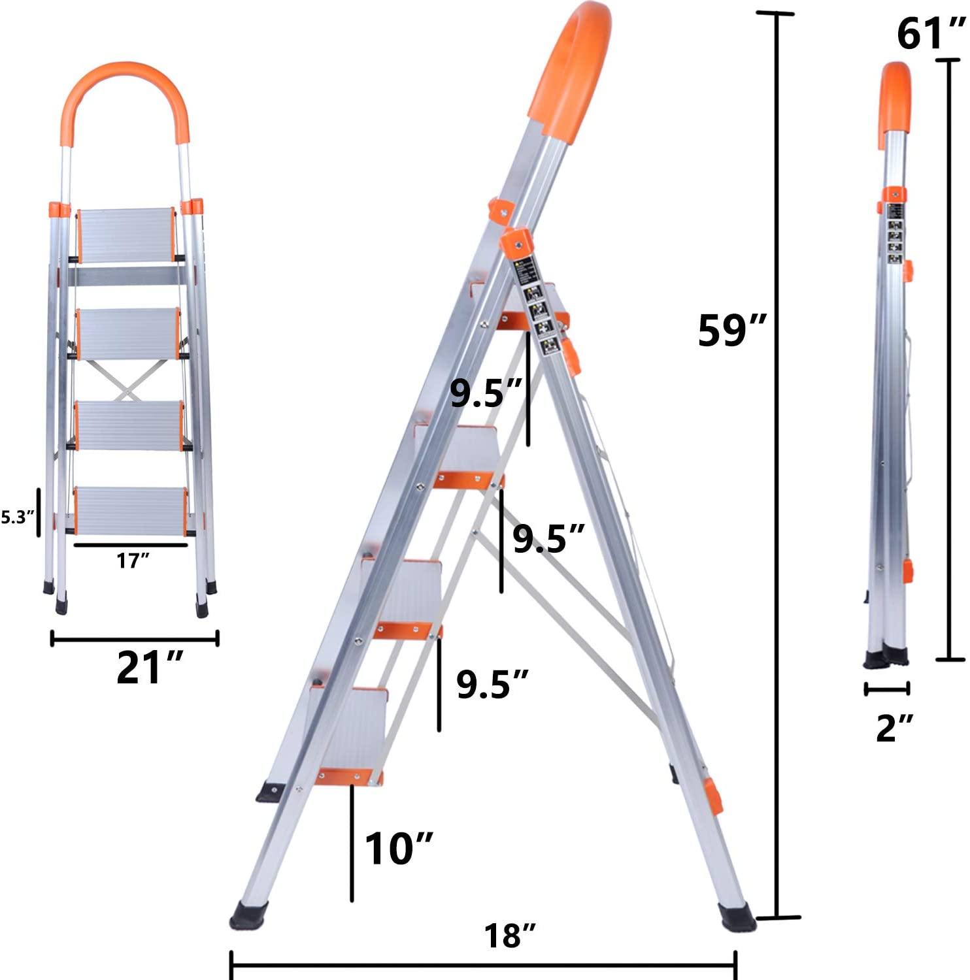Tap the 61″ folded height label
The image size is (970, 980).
pyautogui.click(x=930, y=34)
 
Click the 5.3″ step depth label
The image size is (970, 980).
pyautogui.click(x=17, y=518)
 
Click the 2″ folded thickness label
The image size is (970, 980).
pyautogui.click(x=894, y=727)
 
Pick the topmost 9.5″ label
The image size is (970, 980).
pyautogui.click(x=485, y=394)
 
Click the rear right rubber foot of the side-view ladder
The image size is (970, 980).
pyautogui.click(x=737, y=917)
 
